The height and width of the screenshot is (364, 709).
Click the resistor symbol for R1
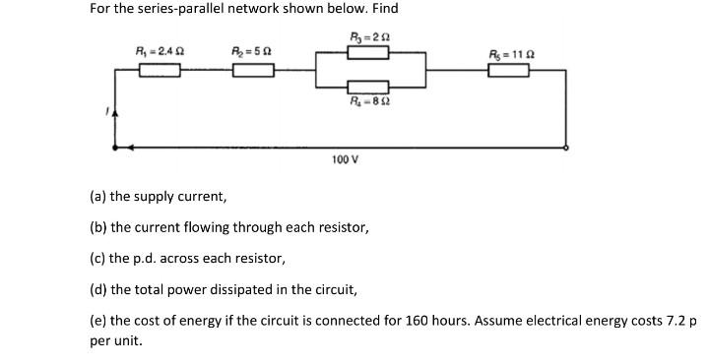(x=159, y=70)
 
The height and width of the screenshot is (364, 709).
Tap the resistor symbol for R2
(x=252, y=70)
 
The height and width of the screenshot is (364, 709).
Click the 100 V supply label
(x=345, y=158)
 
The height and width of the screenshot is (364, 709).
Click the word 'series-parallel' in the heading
(x=179, y=9)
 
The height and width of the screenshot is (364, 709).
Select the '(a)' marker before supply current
(x=97, y=196)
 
